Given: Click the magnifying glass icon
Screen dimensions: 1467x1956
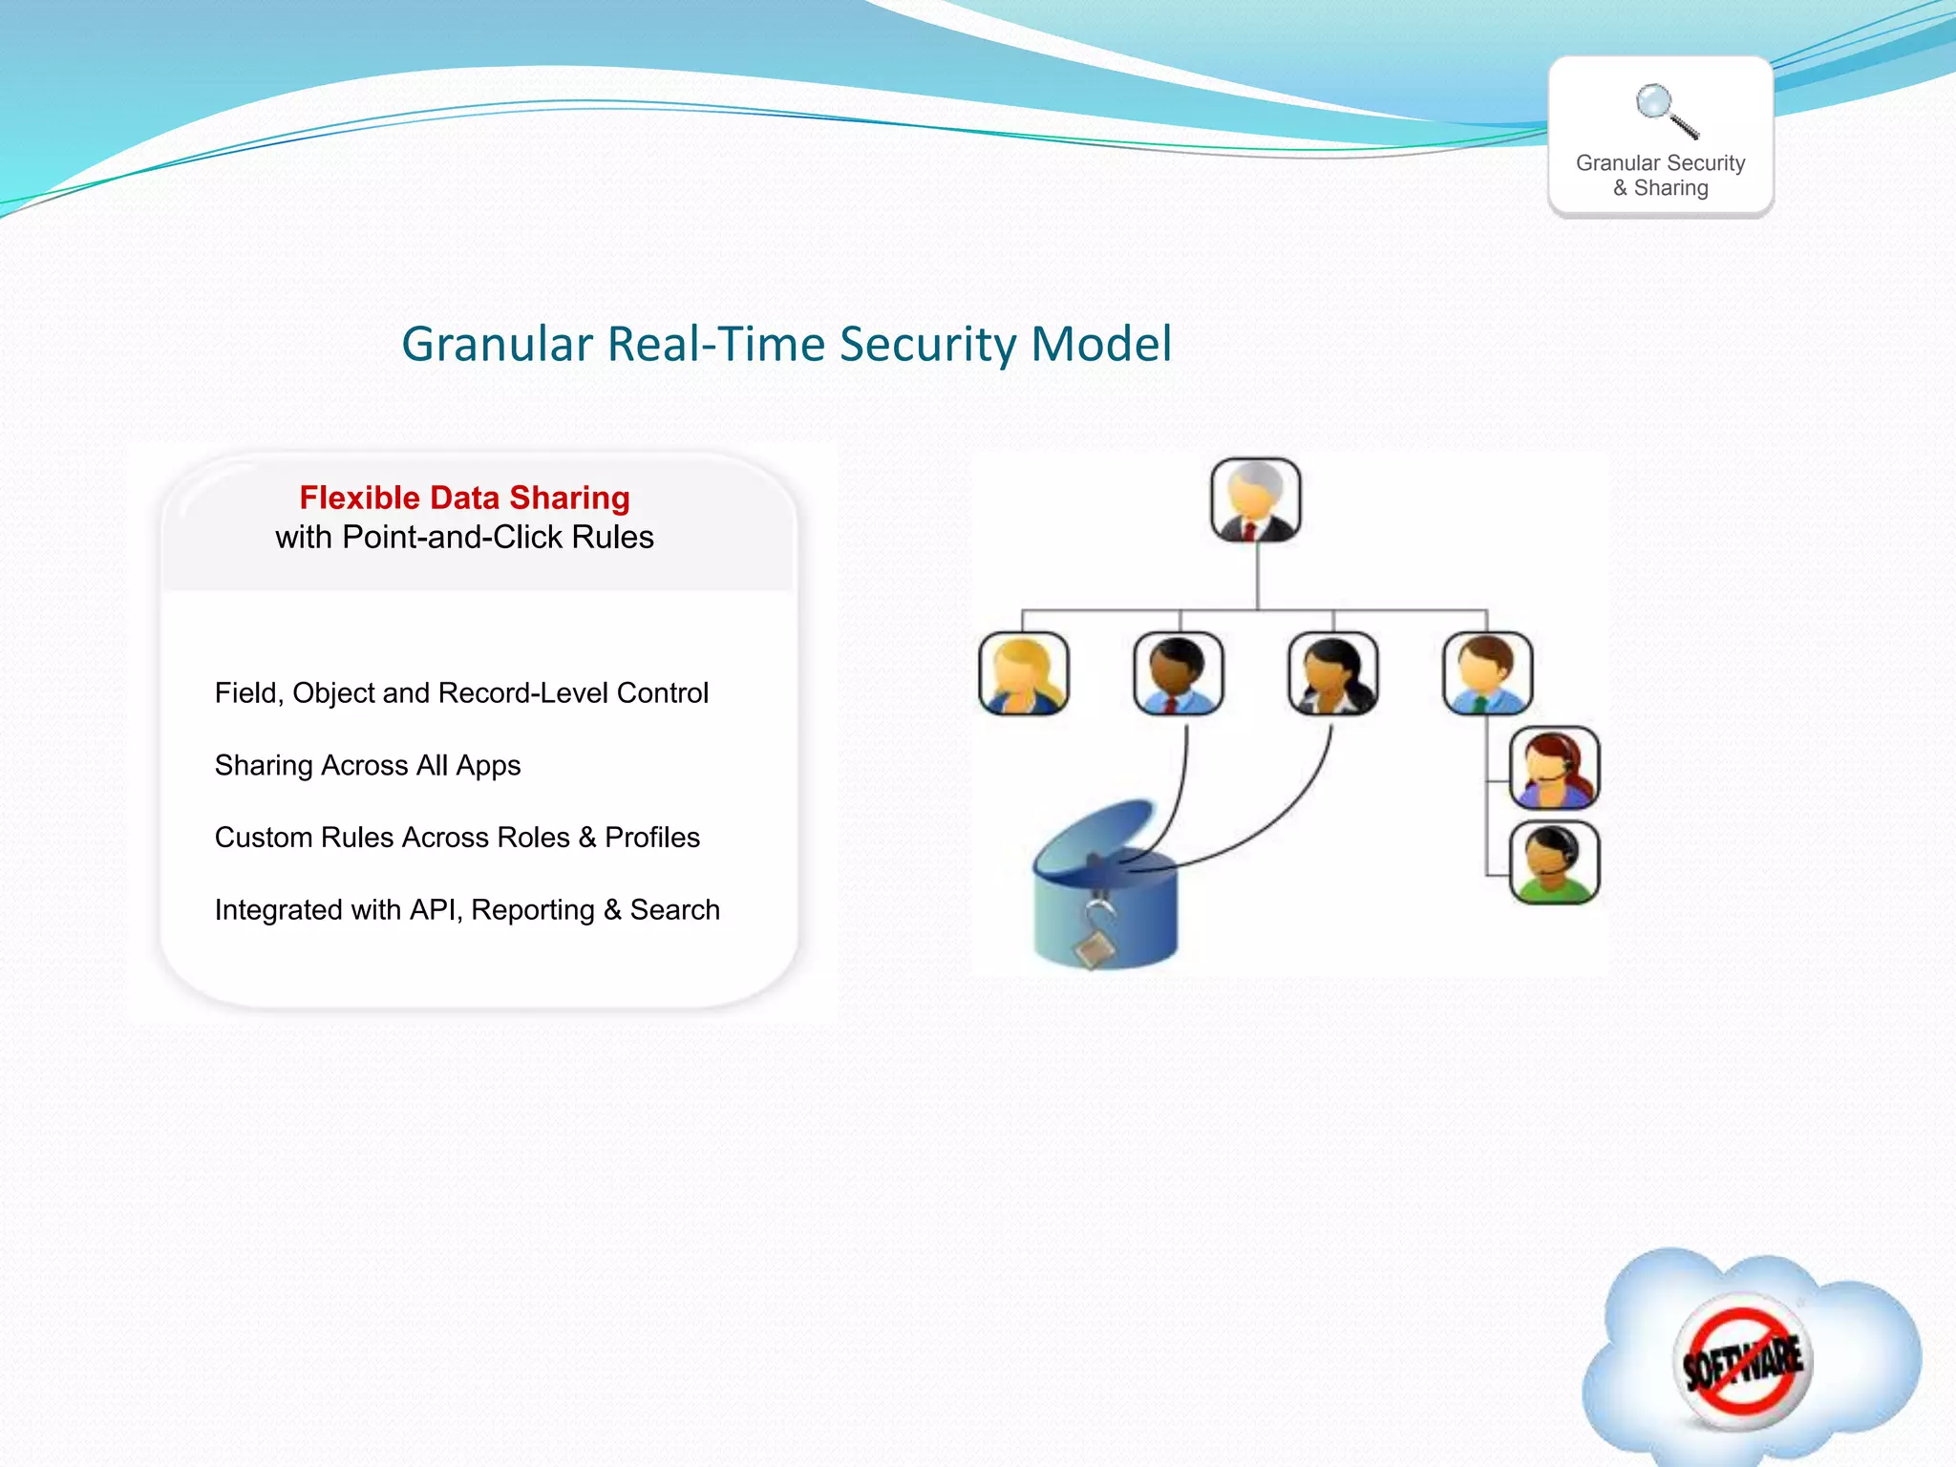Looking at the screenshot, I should pos(1666,110).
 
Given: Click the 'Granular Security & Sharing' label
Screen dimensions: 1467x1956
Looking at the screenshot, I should pos(1660,176).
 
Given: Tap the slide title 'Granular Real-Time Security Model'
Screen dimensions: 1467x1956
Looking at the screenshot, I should pos(786,344).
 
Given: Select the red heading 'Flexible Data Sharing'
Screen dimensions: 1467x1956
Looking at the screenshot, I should pos(464,498).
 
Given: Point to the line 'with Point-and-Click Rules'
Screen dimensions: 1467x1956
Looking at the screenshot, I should pos(464,538).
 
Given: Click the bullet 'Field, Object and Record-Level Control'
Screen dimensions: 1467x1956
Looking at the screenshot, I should pos(461,692).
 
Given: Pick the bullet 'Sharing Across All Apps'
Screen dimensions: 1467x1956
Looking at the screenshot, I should pos(368,765).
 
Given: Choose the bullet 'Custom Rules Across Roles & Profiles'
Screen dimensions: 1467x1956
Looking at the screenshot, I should pos(457,838).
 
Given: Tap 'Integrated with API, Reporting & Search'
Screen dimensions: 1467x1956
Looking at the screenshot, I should pos(467,910).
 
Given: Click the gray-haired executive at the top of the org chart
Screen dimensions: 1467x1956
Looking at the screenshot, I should pos(1256,500).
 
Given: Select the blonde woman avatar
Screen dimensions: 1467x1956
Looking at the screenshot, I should pos(1024,673).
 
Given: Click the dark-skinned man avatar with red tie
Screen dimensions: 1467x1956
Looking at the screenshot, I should pos(1179,673).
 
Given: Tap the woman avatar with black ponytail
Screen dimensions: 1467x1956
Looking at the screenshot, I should pos(1333,673).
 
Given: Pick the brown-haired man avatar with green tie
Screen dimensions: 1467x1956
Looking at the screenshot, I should pos(1487,673).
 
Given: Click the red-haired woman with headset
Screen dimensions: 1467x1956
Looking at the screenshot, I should pos(1554,768).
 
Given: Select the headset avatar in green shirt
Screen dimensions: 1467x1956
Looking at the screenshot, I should pos(1554,862).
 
